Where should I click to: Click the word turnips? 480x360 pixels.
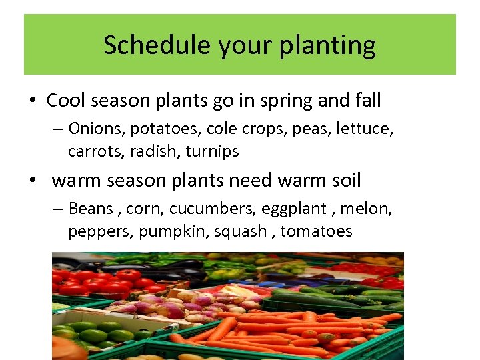pos(213,152)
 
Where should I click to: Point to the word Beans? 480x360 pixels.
pos(91,209)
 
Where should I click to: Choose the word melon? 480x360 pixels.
pos(367,209)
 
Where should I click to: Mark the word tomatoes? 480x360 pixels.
pos(316,232)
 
